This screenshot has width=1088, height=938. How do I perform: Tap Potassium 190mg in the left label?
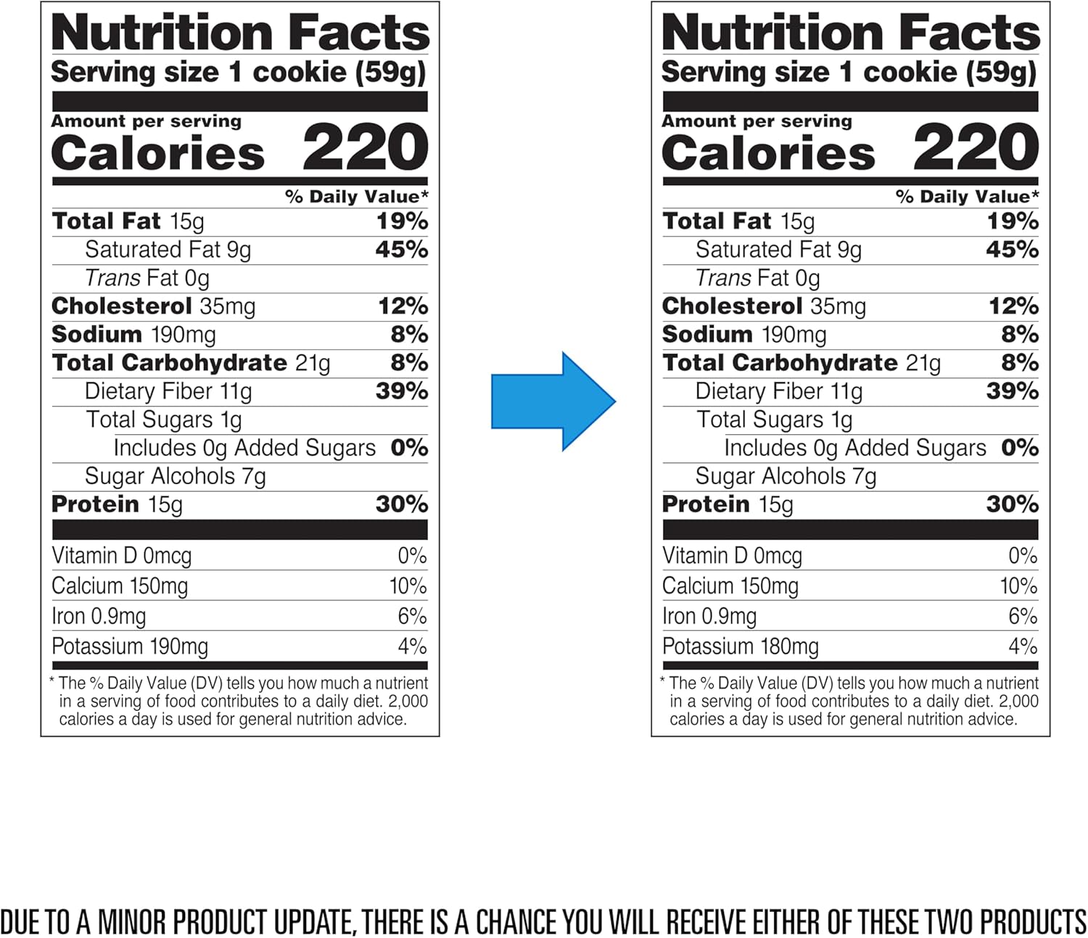tap(130, 646)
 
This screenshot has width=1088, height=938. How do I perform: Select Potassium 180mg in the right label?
tap(741, 646)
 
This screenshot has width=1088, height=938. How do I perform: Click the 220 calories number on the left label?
tap(365, 147)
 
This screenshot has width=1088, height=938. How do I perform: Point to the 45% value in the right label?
tap(1012, 250)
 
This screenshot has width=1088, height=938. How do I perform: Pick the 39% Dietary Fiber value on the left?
tap(401, 391)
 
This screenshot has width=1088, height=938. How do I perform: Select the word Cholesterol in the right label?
tap(732, 306)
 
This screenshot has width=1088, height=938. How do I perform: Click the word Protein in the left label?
tap(96, 505)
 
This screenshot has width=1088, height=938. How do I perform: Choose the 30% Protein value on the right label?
tap(1012, 505)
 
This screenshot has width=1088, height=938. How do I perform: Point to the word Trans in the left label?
tap(112, 278)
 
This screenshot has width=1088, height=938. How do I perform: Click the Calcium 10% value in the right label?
tap(1018, 586)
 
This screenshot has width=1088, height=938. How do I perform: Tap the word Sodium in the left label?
tap(97, 335)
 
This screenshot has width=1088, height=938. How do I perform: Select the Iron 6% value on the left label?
tap(412, 616)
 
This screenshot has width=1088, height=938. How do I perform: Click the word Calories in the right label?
tap(769, 153)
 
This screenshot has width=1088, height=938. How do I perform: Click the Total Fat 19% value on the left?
tap(402, 221)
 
